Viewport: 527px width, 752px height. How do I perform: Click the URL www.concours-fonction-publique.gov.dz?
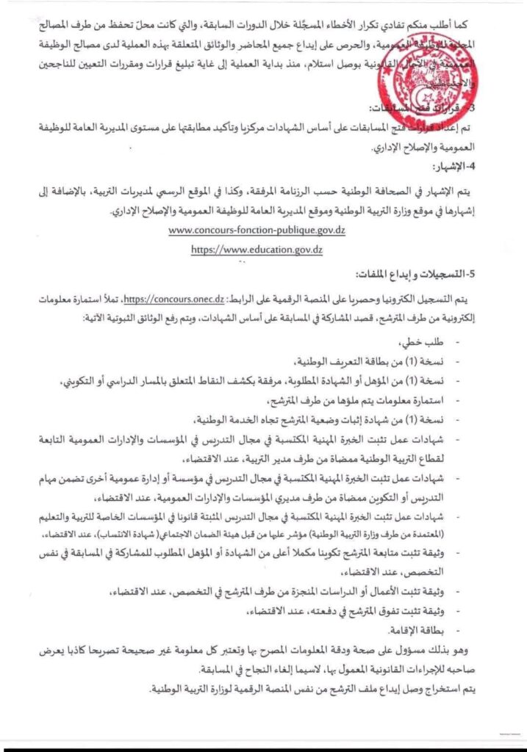point(257,230)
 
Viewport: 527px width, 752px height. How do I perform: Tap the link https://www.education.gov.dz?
point(257,249)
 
